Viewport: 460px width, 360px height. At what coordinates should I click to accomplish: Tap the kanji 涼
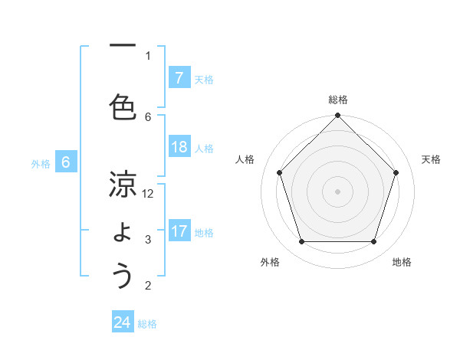122,186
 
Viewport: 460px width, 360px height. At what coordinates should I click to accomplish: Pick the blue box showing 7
179,78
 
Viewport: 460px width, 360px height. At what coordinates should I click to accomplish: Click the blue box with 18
179,148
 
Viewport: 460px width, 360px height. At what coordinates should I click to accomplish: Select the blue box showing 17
179,232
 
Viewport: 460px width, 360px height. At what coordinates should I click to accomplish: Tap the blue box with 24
123,323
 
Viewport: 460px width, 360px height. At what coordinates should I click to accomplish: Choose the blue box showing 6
66,162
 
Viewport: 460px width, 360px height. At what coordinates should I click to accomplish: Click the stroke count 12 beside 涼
148,194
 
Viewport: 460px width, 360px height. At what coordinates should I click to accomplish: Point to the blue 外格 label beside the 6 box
41,163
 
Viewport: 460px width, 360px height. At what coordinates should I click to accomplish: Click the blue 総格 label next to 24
147,324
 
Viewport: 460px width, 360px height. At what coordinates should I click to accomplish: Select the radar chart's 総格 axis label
338,100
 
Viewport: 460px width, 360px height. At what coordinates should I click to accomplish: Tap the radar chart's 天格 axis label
431,159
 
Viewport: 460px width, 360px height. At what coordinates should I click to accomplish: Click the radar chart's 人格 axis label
245,159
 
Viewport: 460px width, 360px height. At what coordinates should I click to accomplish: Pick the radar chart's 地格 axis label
402,262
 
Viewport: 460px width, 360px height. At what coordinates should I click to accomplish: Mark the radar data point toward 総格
338,116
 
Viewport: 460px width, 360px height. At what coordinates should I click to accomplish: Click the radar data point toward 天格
396,172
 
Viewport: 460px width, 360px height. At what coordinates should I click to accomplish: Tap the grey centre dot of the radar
338,191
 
